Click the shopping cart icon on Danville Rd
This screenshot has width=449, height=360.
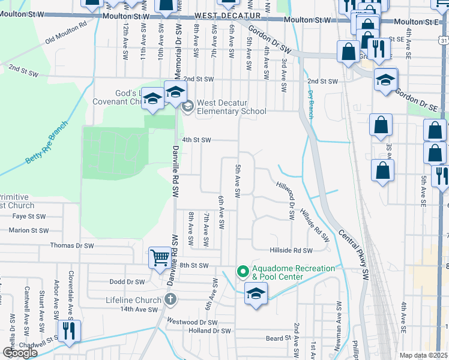pyautogui.click(x=160, y=259)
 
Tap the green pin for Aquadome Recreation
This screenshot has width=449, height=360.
pyautogui.click(x=243, y=272)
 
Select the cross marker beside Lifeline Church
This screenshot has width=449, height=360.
pyautogui.click(x=170, y=299)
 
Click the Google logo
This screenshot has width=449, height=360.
pyautogui.click(x=20, y=352)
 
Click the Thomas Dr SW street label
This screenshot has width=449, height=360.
pyautogui.click(x=72, y=245)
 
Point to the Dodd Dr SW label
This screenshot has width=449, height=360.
pyautogui.click(x=127, y=281)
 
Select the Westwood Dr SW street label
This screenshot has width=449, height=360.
pyautogui.click(x=191, y=322)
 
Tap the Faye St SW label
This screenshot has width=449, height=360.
pyautogui.click(x=29, y=216)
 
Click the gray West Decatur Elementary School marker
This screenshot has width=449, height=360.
pyautogui.click(x=187, y=107)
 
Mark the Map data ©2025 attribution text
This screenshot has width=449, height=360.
pyautogui.click(x=423, y=355)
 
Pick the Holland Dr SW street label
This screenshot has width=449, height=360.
pyautogui.click(x=209, y=331)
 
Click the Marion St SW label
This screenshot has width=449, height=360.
pyautogui.click(x=28, y=230)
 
